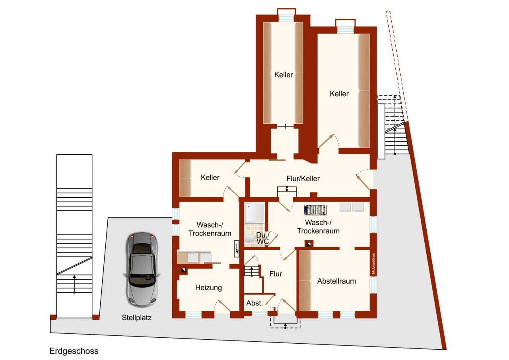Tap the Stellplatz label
[x=137, y=318]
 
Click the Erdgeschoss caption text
[x=74, y=351]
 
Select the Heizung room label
[x=208, y=288]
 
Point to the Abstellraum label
[x=336, y=281]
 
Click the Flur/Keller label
[x=303, y=179]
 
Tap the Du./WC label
[x=262, y=238]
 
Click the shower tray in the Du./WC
[x=254, y=212]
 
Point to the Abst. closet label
[x=254, y=303]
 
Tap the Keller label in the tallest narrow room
[x=284, y=75]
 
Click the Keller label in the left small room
[x=210, y=177]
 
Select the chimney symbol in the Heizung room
[x=183, y=270]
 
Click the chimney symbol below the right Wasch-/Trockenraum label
[x=309, y=243]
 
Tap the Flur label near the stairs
[x=276, y=274]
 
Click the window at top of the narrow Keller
[x=286, y=18]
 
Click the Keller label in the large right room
[x=339, y=94]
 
